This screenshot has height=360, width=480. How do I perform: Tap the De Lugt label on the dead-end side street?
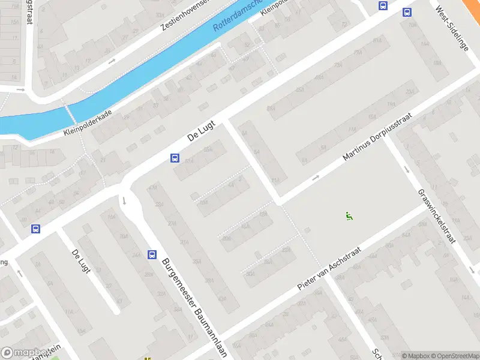[x=80, y=261]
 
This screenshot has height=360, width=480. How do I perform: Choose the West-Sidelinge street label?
[x=452, y=28]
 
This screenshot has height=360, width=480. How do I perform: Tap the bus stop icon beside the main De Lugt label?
[x=175, y=158]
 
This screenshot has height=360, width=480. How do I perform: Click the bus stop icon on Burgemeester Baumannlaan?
[x=151, y=254]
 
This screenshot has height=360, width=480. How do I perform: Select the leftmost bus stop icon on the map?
[x=35, y=229]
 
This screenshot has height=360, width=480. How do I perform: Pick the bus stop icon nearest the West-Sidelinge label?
[x=407, y=12]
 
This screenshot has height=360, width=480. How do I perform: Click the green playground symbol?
[x=349, y=216]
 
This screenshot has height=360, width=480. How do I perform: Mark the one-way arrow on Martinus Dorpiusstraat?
[x=316, y=178]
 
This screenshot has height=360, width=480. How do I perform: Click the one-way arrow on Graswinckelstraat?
[x=407, y=169]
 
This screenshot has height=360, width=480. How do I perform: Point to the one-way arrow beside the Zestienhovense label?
[x=112, y=61]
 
